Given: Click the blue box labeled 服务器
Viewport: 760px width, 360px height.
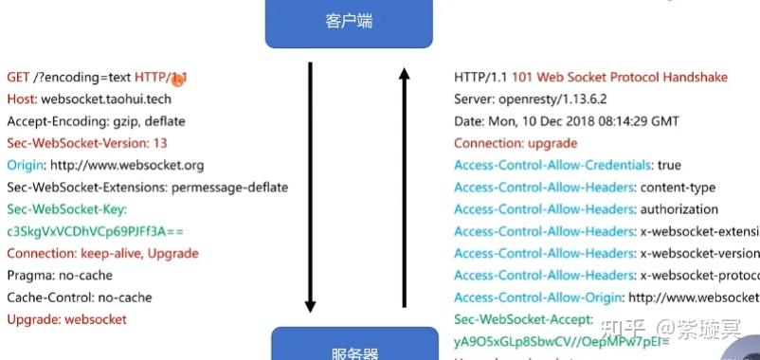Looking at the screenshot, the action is [x=354, y=347].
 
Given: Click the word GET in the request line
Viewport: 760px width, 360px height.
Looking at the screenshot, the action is [x=18, y=77].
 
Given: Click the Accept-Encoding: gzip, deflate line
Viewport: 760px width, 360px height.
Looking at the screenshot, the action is [x=96, y=121].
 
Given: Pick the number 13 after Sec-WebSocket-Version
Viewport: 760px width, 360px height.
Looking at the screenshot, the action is [x=160, y=143].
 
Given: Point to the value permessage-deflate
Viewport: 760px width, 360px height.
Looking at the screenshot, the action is [x=230, y=187].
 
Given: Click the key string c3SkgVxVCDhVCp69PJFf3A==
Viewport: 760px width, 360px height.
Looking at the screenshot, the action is [x=96, y=231].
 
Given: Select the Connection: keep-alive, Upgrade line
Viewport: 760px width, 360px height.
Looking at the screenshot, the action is [x=102, y=253].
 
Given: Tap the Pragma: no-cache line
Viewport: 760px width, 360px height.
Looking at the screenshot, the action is [x=60, y=275].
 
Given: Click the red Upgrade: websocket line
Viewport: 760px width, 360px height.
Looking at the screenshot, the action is [x=66, y=319].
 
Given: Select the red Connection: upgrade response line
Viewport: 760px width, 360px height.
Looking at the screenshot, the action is [x=516, y=143].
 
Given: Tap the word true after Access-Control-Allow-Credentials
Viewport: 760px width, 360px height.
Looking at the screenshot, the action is [x=669, y=165].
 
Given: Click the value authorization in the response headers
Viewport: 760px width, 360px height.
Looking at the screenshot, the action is [x=679, y=209].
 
